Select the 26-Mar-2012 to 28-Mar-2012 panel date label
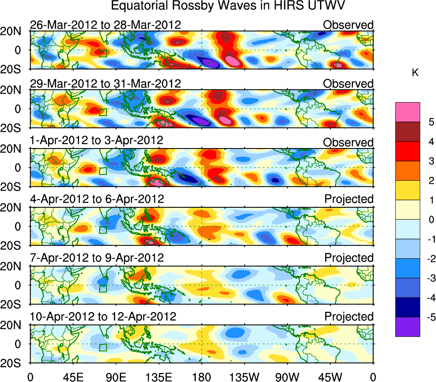pyautogui.click(x=105, y=25)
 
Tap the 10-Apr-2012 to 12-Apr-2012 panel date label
pyautogui.click(x=103, y=317)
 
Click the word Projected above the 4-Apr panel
pyautogui.click(x=348, y=199)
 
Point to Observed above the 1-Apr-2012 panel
pyautogui.click(x=348, y=142)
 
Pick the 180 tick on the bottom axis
pyautogui.click(x=201, y=376)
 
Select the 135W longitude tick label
pyautogui.click(x=244, y=376)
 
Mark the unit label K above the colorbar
pyautogui.click(x=415, y=73)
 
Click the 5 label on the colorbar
pyautogui.click(x=430, y=122)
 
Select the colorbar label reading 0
pyautogui.click(x=430, y=220)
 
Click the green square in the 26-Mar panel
pyautogui.click(x=103, y=53)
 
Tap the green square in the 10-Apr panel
pyautogui.click(x=103, y=347)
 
